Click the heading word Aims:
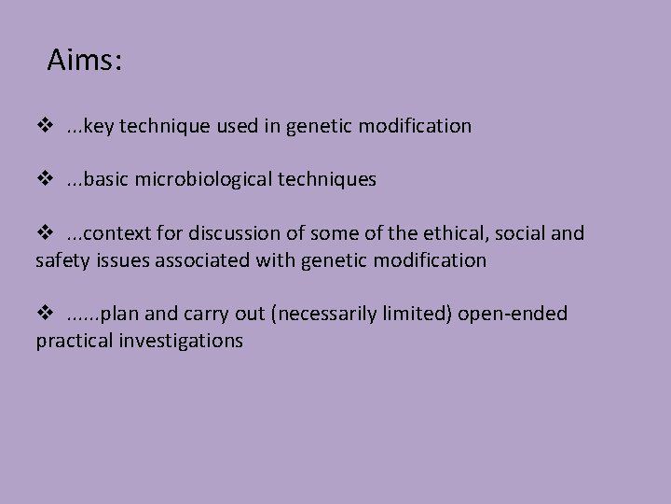tap(86, 63)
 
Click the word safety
tap(60, 259)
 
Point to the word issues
tap(116, 259)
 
